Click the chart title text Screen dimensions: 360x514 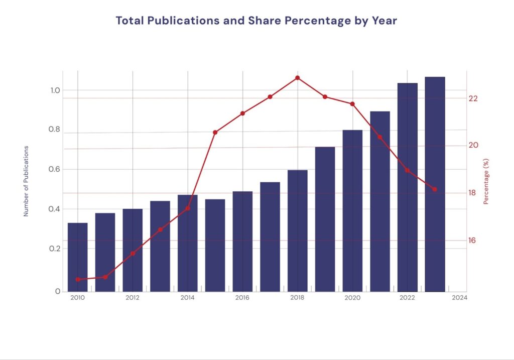pos(256,21)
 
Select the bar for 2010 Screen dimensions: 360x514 pos(78,257)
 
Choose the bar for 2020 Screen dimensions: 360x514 pos(352,210)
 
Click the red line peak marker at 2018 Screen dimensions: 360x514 pos(298,78)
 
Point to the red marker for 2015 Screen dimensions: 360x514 pos(215,133)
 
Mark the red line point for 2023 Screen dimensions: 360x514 pos(435,189)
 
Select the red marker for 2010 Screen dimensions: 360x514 pos(78,279)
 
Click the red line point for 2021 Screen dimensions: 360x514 pos(379,137)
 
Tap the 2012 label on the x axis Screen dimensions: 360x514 pos(133,298)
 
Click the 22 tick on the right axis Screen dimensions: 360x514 pos(472,98)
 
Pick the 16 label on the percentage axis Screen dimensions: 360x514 pos(472,240)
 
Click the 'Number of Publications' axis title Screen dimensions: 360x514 pos(26,181)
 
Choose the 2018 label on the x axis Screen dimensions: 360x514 pos(298,298)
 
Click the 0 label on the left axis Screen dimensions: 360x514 pos(58,291)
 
